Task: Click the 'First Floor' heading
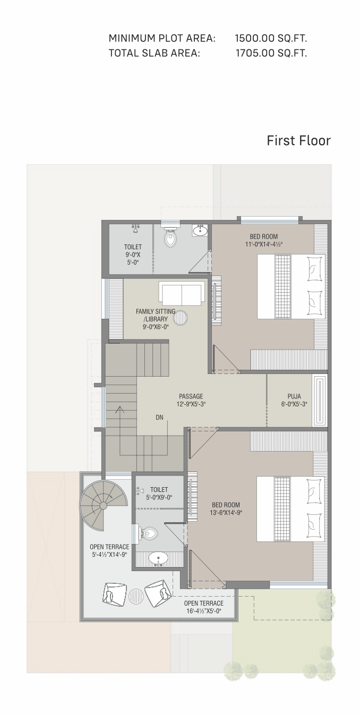point(298,141)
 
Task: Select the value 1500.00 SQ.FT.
point(271,38)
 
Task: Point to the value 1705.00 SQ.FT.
point(271,53)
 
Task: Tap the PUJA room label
point(294,396)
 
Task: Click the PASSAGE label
point(191,396)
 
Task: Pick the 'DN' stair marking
point(159,417)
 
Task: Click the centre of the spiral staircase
point(103,505)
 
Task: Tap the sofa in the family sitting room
point(182,294)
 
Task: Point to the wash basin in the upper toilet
point(200,230)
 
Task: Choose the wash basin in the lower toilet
point(158,558)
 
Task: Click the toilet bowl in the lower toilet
point(148,533)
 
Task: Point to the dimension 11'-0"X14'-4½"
point(264,244)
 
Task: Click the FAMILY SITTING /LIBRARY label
point(156,315)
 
